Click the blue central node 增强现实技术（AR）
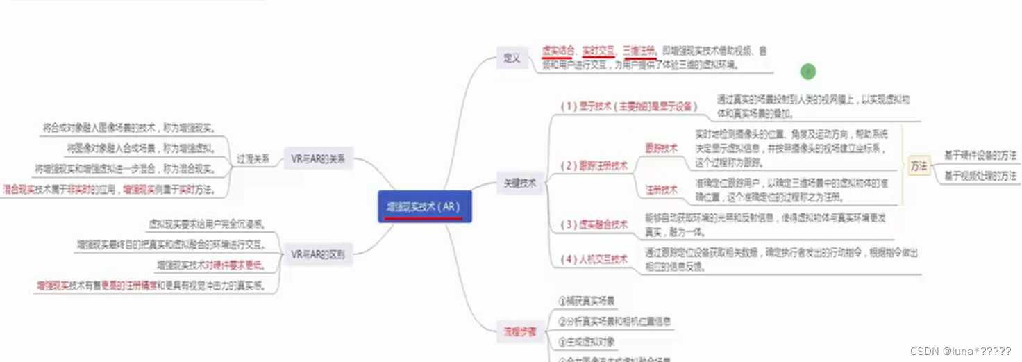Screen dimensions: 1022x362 [424, 206]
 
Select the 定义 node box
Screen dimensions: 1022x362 [512, 58]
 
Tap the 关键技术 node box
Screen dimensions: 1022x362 [520, 184]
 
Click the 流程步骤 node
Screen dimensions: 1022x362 [520, 331]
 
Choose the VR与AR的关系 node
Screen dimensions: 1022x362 [318, 158]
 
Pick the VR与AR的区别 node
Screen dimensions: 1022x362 [318, 254]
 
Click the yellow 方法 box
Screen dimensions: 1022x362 [919, 166]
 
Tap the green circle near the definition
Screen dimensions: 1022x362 [807, 72]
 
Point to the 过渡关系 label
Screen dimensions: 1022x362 [253, 158]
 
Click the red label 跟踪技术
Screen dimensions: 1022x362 [661, 148]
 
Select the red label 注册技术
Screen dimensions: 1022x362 [661, 189]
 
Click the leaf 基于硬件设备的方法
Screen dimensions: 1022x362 [980, 155]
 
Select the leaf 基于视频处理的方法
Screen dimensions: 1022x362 [980, 176]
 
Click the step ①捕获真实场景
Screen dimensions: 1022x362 [587, 301]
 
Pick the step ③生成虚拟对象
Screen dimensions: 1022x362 [587, 342]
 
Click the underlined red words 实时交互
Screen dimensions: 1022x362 [598, 50]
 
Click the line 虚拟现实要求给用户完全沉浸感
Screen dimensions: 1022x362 [207, 224]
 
